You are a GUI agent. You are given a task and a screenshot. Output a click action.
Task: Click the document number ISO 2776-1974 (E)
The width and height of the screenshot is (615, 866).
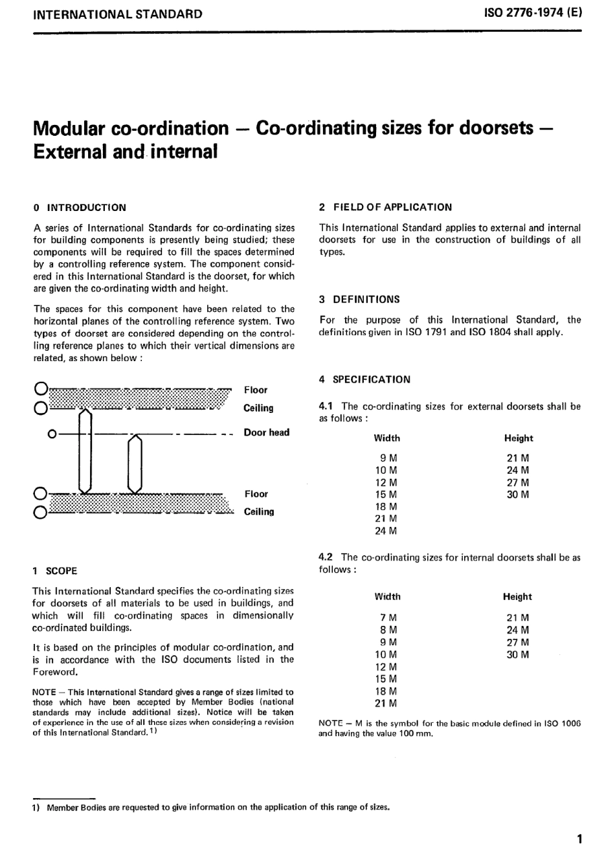[x=533, y=13]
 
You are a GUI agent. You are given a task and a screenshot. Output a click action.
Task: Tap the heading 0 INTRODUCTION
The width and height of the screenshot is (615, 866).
[x=80, y=208]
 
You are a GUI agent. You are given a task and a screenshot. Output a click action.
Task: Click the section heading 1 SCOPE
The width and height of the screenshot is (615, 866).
[x=55, y=571]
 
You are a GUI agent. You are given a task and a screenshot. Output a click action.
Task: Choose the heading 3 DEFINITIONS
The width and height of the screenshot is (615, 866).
[x=359, y=299]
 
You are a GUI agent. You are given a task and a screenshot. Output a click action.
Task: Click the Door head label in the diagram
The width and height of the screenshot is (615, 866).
[x=266, y=432]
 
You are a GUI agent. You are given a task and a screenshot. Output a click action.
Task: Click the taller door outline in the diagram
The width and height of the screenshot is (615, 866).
[x=85, y=453]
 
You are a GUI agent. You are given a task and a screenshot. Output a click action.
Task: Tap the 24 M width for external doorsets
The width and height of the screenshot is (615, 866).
[x=386, y=531]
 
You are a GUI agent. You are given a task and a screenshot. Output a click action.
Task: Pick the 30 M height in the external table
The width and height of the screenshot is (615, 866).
[x=517, y=494]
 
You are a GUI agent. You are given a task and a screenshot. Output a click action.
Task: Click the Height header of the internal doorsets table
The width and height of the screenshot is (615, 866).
[x=517, y=597]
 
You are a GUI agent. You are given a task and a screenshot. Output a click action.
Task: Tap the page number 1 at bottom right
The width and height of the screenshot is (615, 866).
[x=579, y=839]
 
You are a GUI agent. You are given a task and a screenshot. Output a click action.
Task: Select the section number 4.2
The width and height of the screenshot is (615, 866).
[x=326, y=557]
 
